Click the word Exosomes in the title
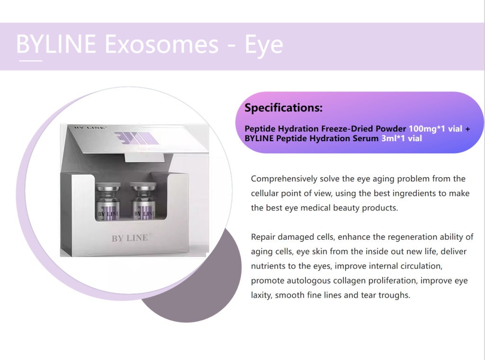[x=162, y=44]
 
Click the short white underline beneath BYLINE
[x=31, y=61]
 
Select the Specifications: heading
[x=283, y=108]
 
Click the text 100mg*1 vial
[x=436, y=129]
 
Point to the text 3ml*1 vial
[x=402, y=138]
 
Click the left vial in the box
[x=108, y=202]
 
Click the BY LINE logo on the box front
[x=130, y=238]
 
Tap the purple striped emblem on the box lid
[x=136, y=138]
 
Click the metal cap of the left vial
[x=108, y=187]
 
